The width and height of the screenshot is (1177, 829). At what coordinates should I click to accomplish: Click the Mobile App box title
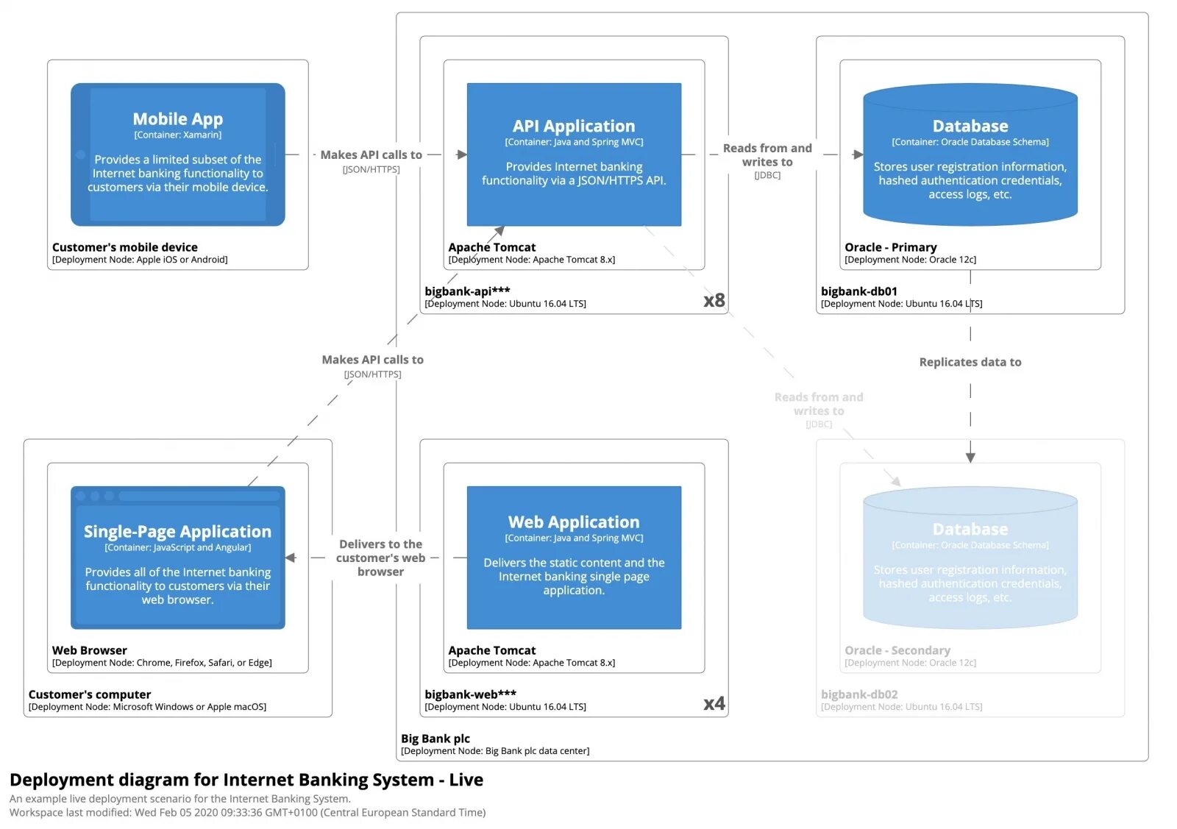[177, 119]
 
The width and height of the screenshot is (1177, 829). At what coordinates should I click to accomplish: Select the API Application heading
[573, 126]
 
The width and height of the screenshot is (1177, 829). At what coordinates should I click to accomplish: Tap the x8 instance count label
[714, 300]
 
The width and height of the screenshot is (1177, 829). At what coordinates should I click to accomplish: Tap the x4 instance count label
[714, 703]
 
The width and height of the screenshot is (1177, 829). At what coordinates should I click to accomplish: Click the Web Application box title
[573, 522]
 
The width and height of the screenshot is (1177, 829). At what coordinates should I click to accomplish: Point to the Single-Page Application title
[177, 531]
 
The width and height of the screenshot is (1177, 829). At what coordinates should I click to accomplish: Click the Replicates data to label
[970, 362]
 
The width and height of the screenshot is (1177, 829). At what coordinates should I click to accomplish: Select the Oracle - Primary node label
[890, 247]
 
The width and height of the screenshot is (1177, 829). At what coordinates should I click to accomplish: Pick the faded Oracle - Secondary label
[897, 650]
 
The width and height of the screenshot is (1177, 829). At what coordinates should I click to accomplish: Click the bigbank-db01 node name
[858, 291]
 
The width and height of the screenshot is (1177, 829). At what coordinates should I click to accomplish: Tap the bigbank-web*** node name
[470, 694]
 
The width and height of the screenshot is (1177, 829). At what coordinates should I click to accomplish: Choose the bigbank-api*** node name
[467, 291]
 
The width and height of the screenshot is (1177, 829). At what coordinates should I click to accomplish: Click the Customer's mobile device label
[124, 247]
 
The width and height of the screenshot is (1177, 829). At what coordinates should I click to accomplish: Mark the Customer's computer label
[89, 694]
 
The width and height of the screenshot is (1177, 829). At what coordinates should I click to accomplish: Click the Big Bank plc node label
[435, 739]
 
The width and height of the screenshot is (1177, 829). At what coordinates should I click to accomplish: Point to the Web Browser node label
[89, 650]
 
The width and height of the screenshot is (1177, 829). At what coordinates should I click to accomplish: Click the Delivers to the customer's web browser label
[380, 558]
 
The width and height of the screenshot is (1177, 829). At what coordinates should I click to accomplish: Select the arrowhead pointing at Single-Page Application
[291, 558]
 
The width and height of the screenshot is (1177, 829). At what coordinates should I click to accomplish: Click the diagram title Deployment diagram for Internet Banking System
[246, 780]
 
